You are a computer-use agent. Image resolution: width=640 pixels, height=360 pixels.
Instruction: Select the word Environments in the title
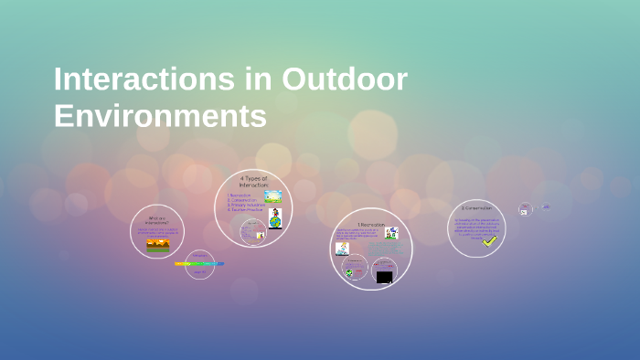[160, 116]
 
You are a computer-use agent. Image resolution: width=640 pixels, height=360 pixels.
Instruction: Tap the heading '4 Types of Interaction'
[253, 181]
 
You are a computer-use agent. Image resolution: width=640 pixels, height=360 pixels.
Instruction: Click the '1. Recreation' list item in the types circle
[240, 195]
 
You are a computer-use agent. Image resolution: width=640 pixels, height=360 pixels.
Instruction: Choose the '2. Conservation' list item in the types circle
[242, 200]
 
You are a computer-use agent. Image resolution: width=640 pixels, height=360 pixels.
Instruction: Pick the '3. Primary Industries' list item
[245, 206]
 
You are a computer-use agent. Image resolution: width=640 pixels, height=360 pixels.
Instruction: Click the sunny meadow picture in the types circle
[272, 196]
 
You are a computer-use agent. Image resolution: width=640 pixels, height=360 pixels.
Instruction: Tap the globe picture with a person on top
[274, 217]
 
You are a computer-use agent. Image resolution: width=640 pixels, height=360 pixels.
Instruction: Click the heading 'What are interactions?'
[157, 219]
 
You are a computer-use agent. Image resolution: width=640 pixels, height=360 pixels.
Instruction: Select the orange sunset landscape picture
[157, 244]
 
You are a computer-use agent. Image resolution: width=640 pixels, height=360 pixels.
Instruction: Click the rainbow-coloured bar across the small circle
[199, 264]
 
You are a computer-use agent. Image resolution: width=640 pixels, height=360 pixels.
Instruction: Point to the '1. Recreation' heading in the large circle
[371, 223]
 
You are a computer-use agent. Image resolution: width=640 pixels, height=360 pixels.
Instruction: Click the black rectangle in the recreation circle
[384, 277]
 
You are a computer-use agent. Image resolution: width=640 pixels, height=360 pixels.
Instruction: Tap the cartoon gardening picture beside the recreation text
[391, 233]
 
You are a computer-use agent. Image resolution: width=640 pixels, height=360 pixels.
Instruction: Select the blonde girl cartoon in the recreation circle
[342, 248]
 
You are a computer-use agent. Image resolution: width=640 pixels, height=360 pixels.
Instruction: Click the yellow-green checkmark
[490, 241]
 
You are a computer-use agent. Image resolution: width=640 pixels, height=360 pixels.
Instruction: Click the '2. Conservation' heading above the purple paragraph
[475, 208]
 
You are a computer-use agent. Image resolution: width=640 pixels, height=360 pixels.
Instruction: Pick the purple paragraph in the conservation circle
[475, 227]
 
